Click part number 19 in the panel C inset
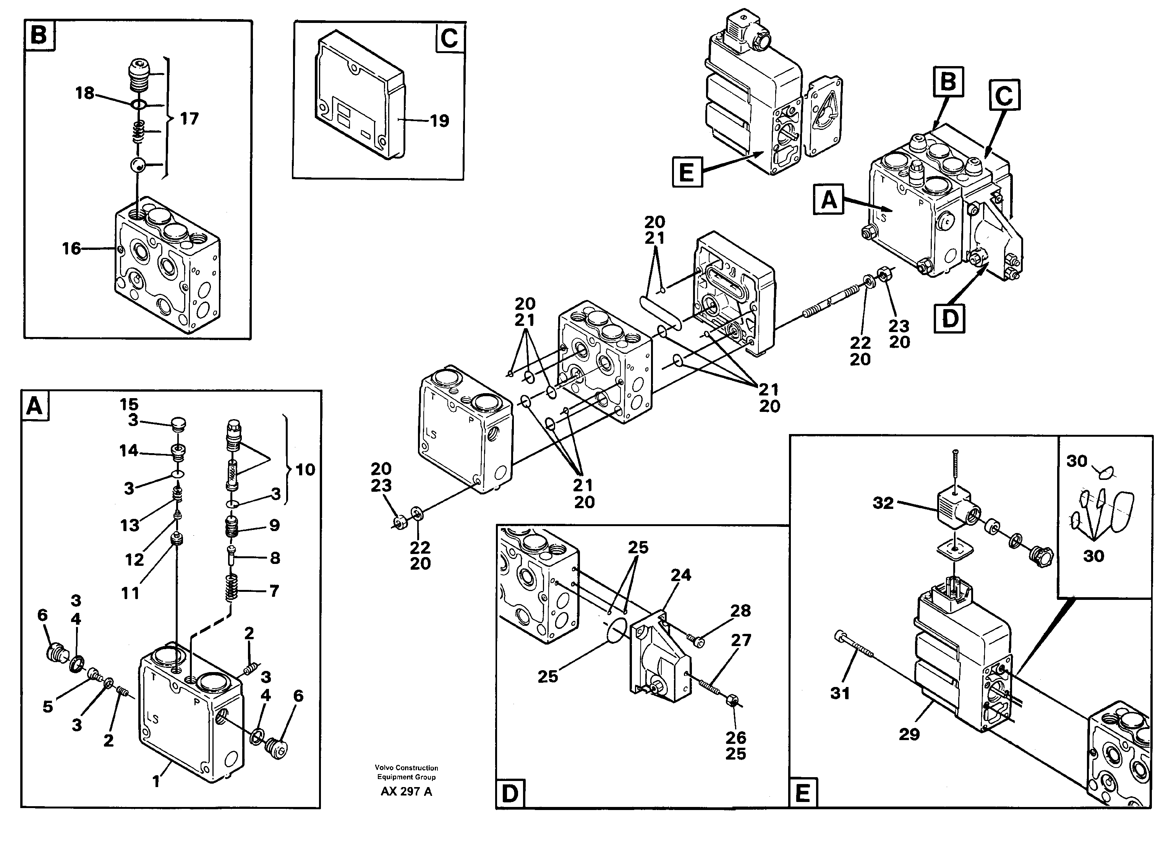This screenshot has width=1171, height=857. (439, 121)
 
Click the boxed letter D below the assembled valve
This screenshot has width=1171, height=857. (949, 318)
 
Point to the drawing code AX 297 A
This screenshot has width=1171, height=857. (406, 792)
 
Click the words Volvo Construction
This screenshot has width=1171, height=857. (406, 768)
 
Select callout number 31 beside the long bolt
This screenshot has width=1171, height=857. (840, 693)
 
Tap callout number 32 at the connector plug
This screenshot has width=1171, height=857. (883, 503)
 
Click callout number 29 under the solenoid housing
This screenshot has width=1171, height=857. (909, 734)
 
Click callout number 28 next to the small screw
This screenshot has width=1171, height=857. (740, 611)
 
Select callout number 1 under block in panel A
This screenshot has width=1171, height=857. (156, 781)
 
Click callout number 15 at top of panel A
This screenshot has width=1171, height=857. (129, 404)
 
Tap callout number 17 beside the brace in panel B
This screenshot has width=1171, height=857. (189, 119)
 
